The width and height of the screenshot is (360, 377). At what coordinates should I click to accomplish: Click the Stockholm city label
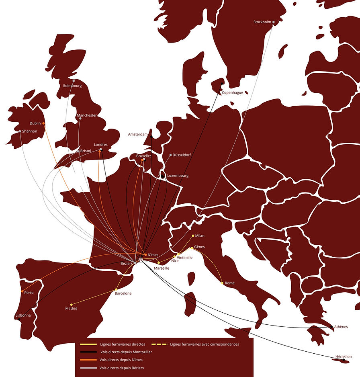[262, 22]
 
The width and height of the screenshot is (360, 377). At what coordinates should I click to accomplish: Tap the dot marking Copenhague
[222, 84]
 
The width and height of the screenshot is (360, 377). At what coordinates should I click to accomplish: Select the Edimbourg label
[72, 86]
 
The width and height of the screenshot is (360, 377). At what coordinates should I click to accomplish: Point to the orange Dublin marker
[43, 123]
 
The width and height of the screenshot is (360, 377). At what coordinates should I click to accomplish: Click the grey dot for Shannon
[20, 131]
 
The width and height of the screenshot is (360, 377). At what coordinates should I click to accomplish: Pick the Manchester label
[87, 115]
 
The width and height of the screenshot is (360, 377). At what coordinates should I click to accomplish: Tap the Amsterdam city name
[138, 134]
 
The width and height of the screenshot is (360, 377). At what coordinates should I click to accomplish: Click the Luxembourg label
[178, 176]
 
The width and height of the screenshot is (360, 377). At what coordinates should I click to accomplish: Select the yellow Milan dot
[193, 236]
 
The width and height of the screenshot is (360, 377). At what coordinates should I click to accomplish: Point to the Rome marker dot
[222, 283]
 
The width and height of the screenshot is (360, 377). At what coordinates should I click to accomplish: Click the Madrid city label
[71, 309]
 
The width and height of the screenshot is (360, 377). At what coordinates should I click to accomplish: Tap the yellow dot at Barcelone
[116, 289]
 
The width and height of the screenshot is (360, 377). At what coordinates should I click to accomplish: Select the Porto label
[29, 293]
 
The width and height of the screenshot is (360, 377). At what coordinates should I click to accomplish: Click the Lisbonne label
[23, 315]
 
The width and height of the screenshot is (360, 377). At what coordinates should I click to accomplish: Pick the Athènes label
[341, 327]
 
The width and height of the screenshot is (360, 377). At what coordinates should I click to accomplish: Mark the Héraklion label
[344, 357]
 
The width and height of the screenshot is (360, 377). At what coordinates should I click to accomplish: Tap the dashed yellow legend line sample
[160, 344]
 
